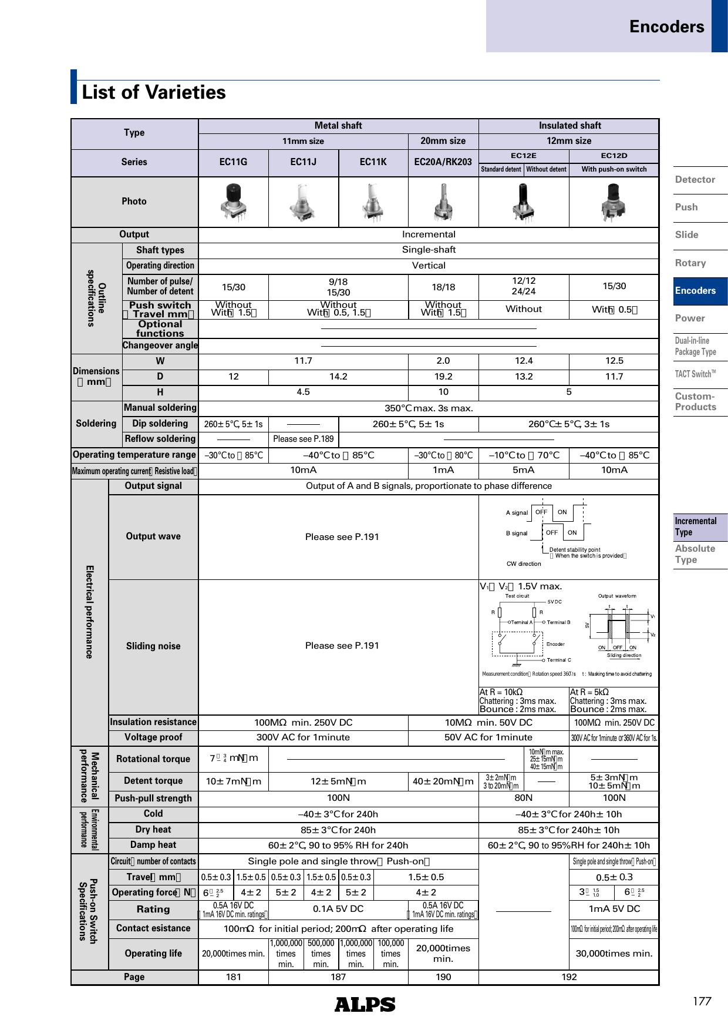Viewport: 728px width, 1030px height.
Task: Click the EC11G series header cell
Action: [x=233, y=162]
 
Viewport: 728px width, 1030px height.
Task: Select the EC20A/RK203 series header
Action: [x=443, y=162]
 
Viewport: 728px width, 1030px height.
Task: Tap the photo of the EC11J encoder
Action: [x=303, y=202]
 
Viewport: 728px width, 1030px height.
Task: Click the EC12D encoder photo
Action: [x=614, y=202]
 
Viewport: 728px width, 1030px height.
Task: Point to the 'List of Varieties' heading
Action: [x=154, y=92]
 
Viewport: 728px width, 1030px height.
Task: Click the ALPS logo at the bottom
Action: [x=365, y=1004]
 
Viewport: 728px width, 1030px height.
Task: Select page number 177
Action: [x=702, y=1001]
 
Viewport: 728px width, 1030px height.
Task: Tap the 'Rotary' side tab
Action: [x=690, y=263]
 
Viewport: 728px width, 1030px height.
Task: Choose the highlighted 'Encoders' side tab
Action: [x=695, y=290]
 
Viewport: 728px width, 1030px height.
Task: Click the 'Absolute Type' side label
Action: [x=695, y=553]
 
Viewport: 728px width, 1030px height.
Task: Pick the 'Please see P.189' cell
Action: [x=303, y=439]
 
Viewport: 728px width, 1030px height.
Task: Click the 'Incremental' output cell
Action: [x=429, y=234]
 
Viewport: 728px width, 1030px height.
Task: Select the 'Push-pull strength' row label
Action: [x=153, y=798]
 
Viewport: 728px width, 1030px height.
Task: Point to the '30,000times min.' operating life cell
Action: [x=614, y=953]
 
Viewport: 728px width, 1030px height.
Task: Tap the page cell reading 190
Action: [x=443, y=977]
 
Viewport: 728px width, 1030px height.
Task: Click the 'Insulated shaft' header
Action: [x=569, y=126]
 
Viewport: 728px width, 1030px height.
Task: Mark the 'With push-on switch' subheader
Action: [x=614, y=169]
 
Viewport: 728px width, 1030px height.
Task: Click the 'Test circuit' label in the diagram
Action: [x=517, y=596]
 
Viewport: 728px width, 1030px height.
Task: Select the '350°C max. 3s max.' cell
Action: [x=429, y=408]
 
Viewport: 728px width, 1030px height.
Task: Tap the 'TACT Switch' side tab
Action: [x=695, y=374]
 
